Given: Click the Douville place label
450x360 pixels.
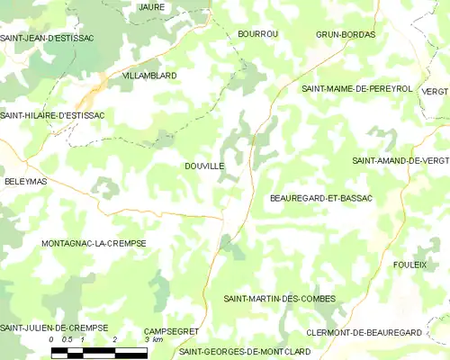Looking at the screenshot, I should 203,166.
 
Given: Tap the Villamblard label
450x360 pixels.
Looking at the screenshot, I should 149,76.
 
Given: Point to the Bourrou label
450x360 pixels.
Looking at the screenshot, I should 257,34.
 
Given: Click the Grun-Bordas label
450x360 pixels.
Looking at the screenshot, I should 346,34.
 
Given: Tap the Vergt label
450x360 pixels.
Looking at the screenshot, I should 434,92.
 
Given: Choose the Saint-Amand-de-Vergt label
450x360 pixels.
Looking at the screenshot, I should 400,160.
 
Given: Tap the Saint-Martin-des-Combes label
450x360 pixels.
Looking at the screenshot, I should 279,298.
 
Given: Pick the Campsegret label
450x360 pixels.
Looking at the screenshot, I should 171,331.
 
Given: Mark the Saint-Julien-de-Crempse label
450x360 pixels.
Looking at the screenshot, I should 54,327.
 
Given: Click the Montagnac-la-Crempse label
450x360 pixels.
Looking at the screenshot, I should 94,243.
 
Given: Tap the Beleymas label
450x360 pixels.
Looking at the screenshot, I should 25,181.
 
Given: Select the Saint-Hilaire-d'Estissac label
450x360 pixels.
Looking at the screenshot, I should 52,115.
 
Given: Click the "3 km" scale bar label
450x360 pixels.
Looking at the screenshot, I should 156,339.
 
